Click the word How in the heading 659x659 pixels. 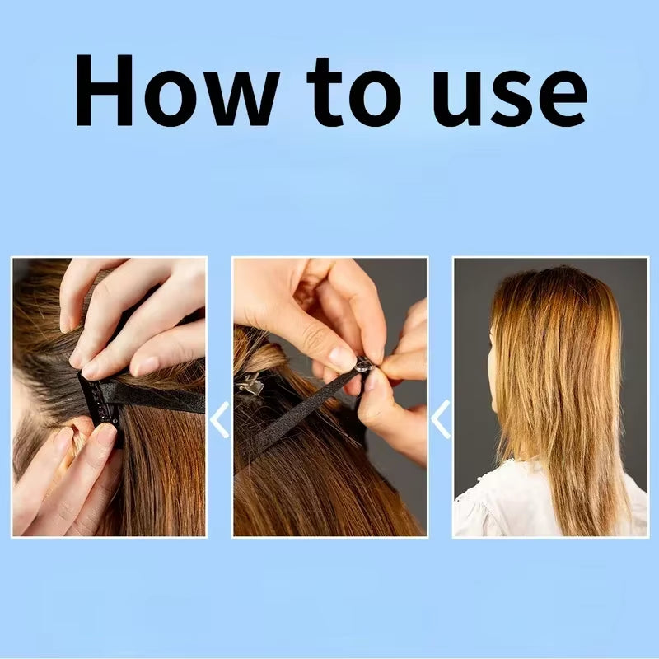177,91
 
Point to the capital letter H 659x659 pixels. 105,91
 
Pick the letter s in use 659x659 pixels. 512,99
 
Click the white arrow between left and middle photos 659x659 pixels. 220,419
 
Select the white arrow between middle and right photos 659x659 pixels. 441,419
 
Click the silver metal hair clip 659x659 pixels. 250,384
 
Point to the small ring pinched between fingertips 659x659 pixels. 364,365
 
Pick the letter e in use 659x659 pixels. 563,99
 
